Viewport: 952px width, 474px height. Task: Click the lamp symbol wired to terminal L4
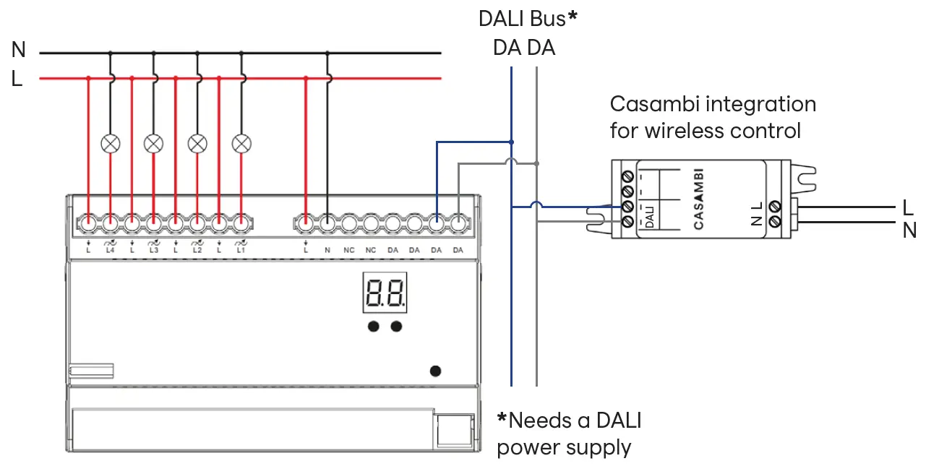(x=110, y=143)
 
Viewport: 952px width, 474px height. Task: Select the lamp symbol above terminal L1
(x=241, y=143)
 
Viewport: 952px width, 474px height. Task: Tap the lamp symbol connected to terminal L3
(x=153, y=143)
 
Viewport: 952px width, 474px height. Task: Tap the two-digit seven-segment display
(x=385, y=293)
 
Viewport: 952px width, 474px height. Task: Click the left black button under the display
(x=373, y=327)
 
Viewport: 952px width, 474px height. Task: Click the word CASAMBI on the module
(x=698, y=199)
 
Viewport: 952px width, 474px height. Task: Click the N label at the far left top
(x=18, y=50)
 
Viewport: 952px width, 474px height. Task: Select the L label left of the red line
(x=17, y=79)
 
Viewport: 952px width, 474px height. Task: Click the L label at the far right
(x=909, y=208)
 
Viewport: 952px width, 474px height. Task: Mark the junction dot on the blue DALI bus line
(x=511, y=142)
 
